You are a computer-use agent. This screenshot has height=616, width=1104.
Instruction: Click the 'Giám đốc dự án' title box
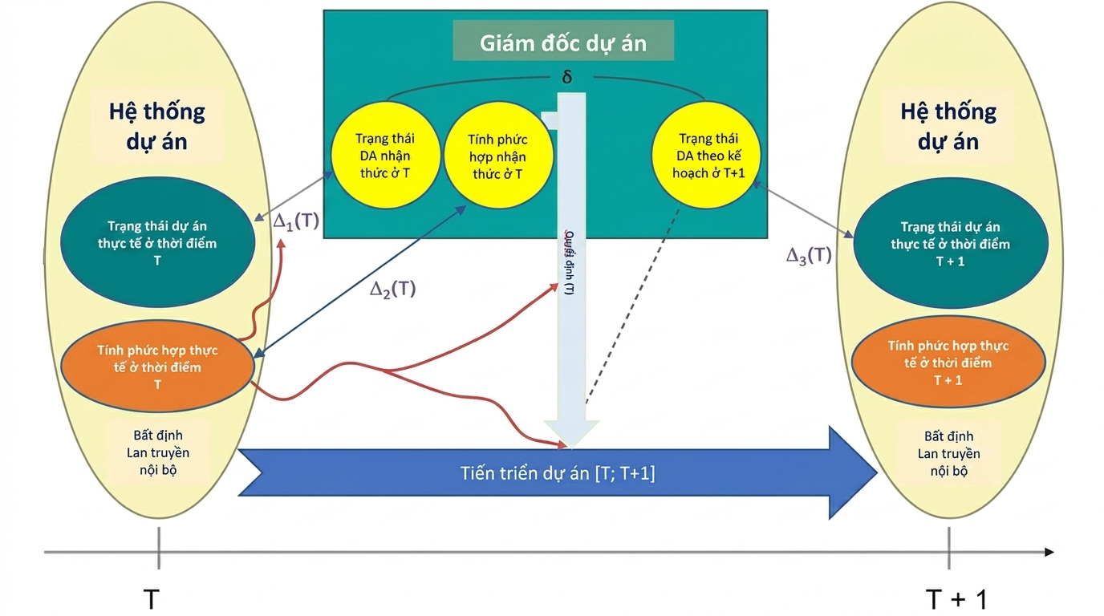(x=562, y=43)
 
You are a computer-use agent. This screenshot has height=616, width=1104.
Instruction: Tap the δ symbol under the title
(x=566, y=79)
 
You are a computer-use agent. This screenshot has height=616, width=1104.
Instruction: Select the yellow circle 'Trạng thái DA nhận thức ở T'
(x=385, y=156)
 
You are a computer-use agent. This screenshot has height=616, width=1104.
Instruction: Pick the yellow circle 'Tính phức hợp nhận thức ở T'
(x=497, y=156)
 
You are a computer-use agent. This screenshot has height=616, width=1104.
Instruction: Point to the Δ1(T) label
(x=296, y=222)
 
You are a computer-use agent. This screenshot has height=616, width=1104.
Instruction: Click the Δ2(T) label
(x=392, y=289)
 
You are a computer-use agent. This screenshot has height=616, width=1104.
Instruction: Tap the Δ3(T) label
(x=808, y=256)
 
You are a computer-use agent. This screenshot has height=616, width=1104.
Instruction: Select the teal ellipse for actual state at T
(x=157, y=243)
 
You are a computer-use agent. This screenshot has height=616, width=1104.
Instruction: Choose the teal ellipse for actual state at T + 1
(x=950, y=244)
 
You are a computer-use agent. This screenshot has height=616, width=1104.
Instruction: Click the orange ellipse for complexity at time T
(x=157, y=367)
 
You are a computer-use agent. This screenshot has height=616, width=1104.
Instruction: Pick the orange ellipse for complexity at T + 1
(x=948, y=363)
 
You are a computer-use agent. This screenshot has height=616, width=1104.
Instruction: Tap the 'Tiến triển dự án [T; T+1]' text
(x=558, y=473)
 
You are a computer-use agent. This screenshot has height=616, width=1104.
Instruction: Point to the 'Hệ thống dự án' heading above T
(x=157, y=126)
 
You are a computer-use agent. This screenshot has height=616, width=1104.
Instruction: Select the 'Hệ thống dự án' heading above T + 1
(x=948, y=126)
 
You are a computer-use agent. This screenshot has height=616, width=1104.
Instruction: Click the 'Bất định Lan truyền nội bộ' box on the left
(x=157, y=452)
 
